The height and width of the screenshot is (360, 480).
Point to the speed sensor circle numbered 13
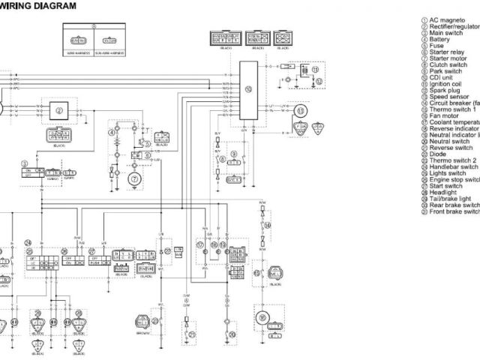[x=301, y=112]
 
